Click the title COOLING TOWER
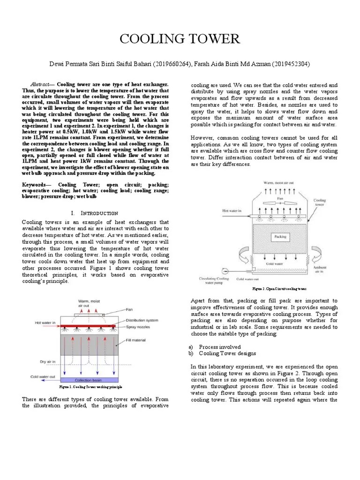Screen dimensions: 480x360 point(180,39)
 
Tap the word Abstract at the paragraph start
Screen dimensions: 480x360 point(39,83)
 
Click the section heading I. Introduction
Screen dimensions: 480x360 point(95,213)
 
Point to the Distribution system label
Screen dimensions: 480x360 point(145,321)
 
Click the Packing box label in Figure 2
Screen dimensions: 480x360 point(280,237)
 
